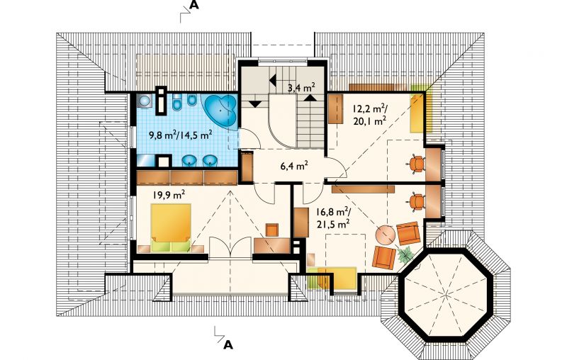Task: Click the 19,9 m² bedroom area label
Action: [x=169, y=195]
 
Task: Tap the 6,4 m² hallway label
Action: [x=294, y=166]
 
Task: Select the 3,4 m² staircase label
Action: [x=301, y=87]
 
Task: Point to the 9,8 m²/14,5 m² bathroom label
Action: [x=181, y=135]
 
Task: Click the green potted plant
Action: [x=405, y=254]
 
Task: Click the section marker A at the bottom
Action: [x=228, y=345]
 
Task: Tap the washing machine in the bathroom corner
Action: [x=146, y=100]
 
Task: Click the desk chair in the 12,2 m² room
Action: [x=417, y=164]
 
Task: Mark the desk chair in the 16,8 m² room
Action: [x=417, y=201]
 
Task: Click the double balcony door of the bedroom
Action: [x=230, y=247]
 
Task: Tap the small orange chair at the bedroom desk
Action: [x=272, y=230]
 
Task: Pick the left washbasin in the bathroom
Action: [x=189, y=160]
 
